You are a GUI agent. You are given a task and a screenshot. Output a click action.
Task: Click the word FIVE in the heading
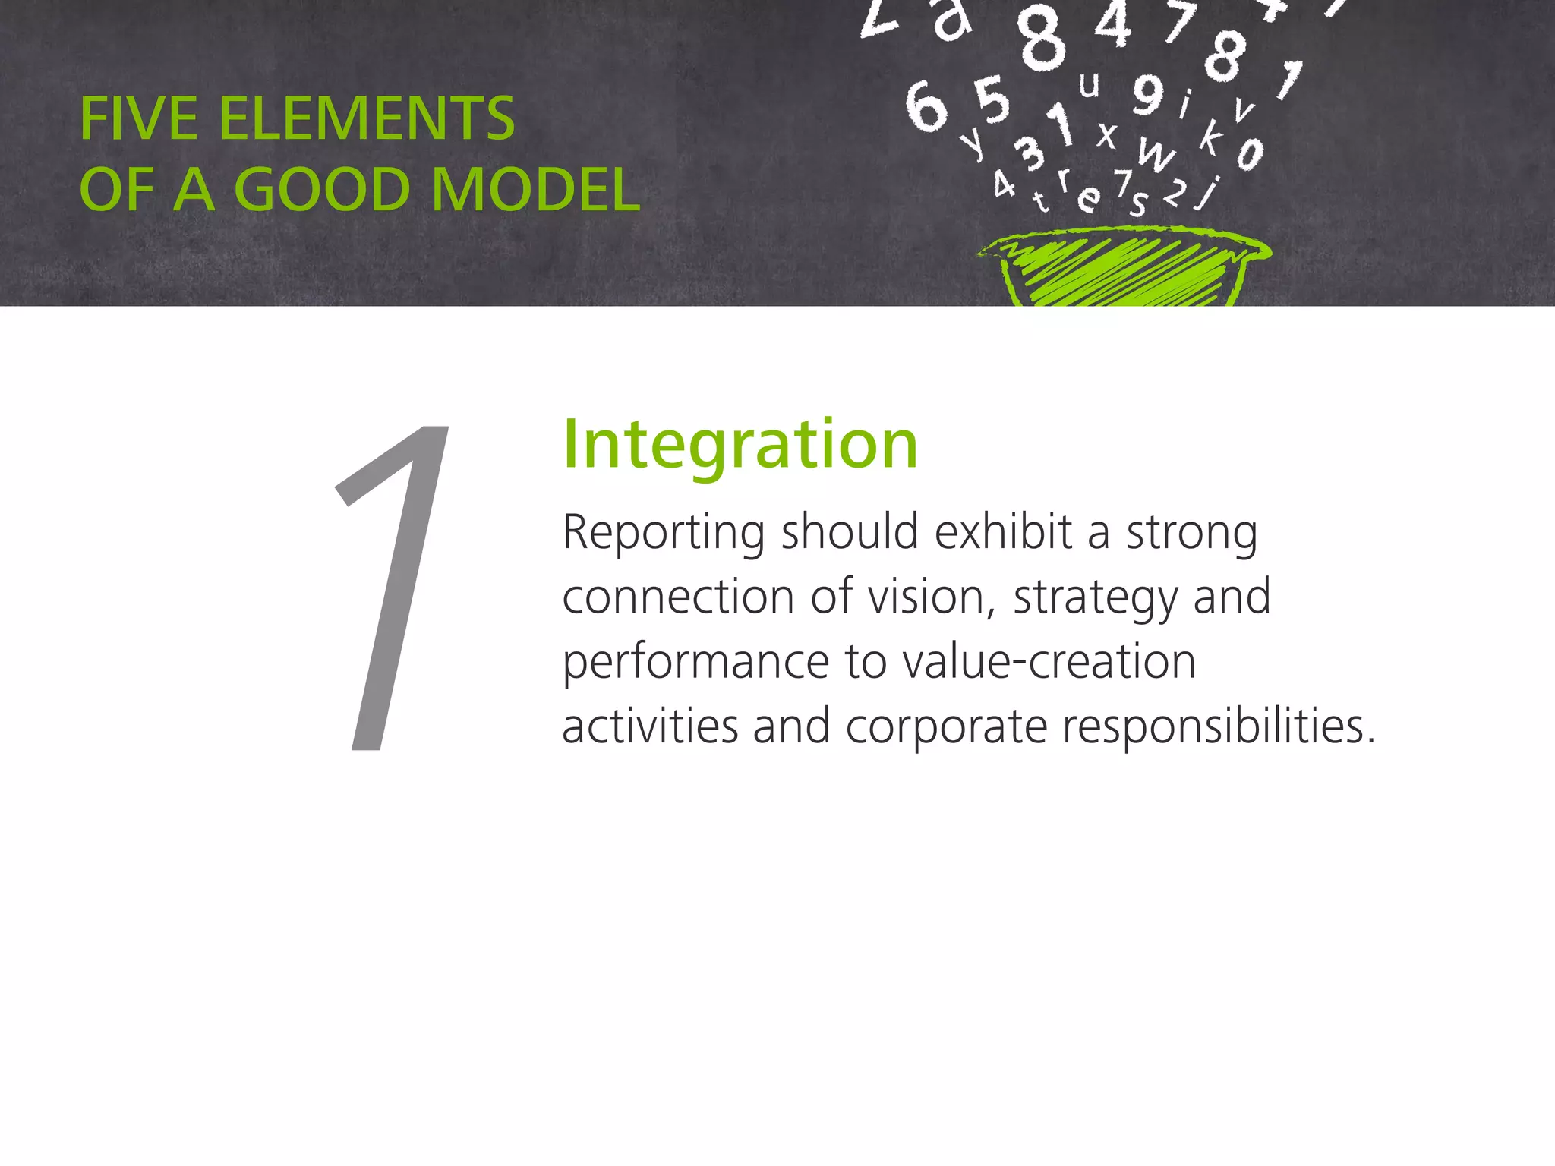pyautogui.click(x=139, y=119)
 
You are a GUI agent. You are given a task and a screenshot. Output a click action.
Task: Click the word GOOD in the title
pyautogui.click(x=323, y=190)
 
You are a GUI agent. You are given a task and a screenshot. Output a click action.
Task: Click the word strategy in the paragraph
pyautogui.click(x=1095, y=598)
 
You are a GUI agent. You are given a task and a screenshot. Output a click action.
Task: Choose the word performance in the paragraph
pyautogui.click(x=695, y=663)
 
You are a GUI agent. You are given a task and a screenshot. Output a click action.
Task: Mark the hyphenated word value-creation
pyautogui.click(x=1049, y=661)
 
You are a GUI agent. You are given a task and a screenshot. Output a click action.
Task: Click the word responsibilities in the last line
pyautogui.click(x=1218, y=727)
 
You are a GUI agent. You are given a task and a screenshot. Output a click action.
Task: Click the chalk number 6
pyautogui.click(x=926, y=107)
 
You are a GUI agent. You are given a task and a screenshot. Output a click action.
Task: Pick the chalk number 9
pyautogui.click(x=1148, y=94)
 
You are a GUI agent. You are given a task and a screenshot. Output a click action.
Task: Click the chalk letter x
pyautogui.click(x=1107, y=136)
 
